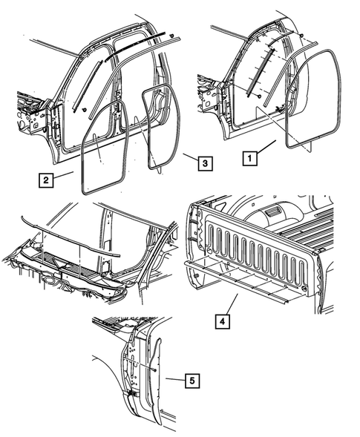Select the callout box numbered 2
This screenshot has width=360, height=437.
(x=46, y=179)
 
